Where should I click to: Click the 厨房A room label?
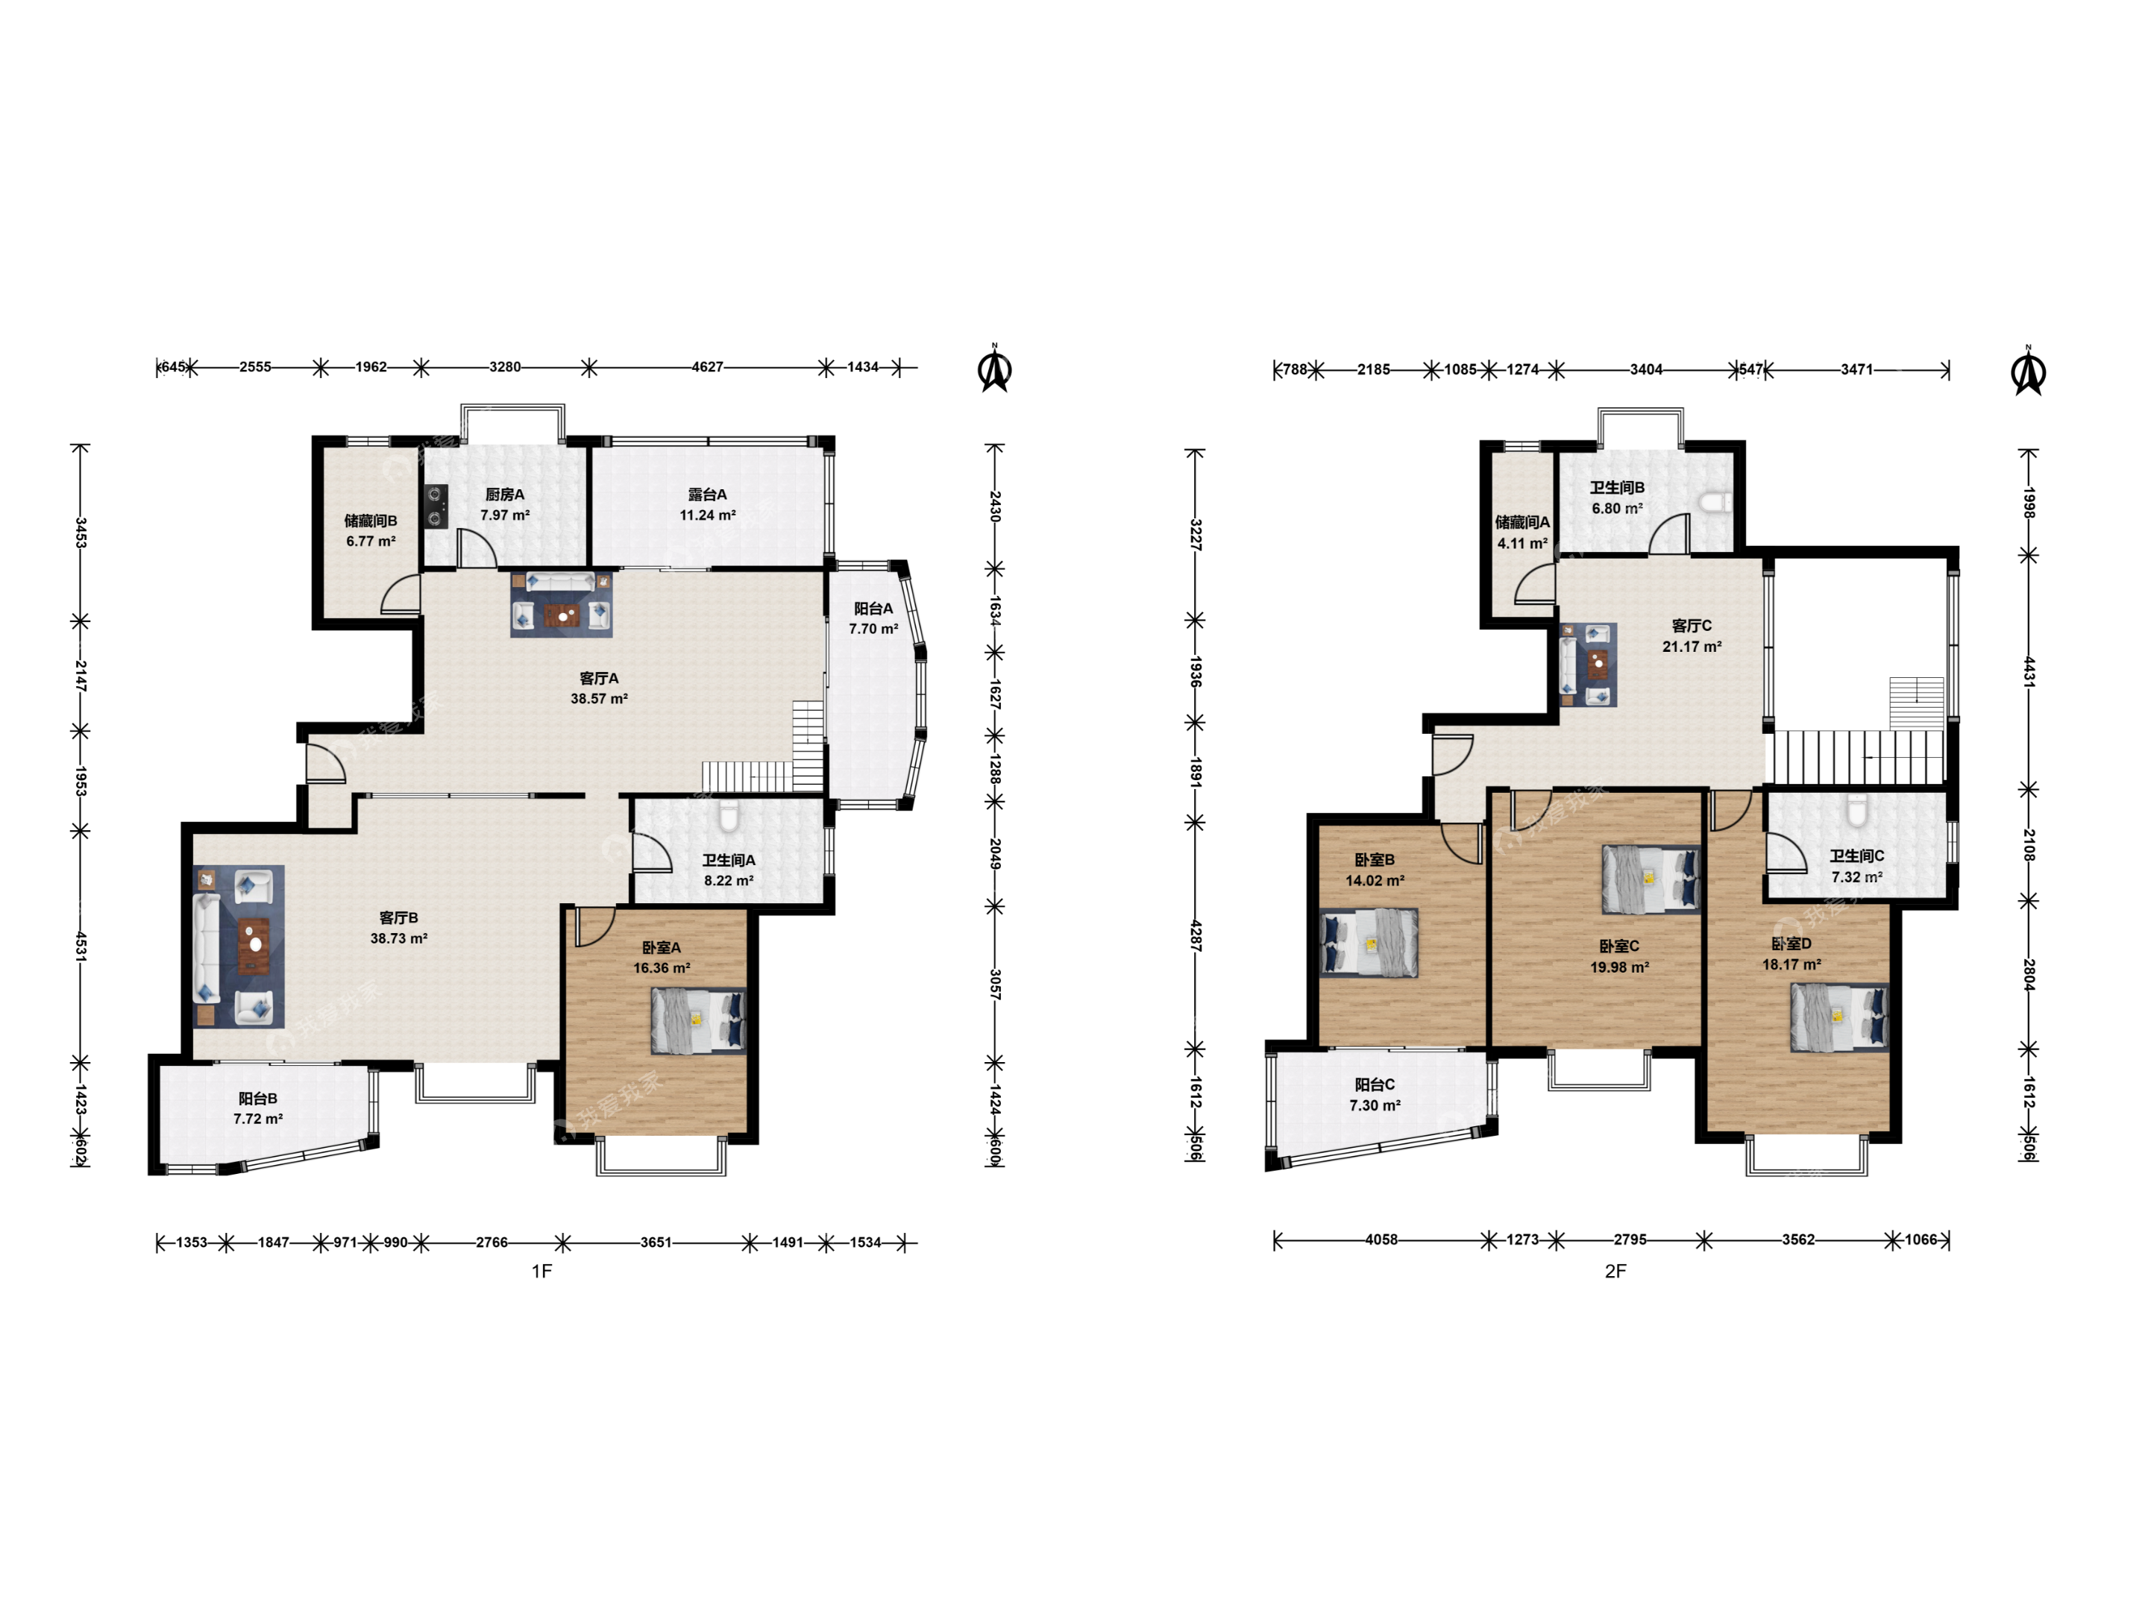tap(505, 494)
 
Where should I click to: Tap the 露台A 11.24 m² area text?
tap(708, 515)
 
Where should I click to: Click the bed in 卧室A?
tap(698, 1020)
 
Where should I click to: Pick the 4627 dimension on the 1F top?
tap(707, 367)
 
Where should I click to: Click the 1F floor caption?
tap(542, 1271)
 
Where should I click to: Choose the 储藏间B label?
tap(371, 521)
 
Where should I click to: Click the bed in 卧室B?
tap(1369, 942)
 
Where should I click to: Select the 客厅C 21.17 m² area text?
tap(1692, 647)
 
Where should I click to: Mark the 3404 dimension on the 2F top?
tap(1646, 369)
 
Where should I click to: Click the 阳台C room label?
tap(1375, 1084)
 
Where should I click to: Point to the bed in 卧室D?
tap(1839, 1017)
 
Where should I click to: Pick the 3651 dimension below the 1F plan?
tap(656, 1242)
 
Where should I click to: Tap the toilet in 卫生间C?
tap(1856, 810)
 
